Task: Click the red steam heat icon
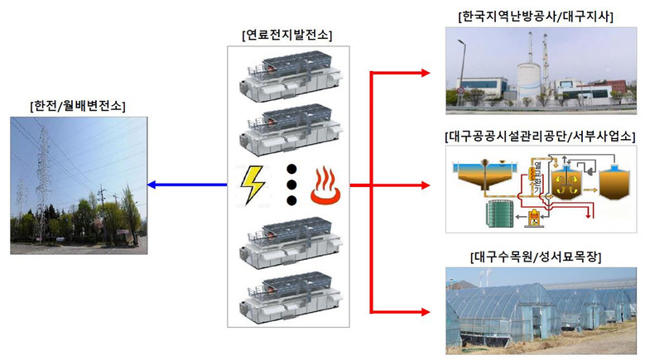click(x=327, y=185)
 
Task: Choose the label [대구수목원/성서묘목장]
click(x=536, y=257)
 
